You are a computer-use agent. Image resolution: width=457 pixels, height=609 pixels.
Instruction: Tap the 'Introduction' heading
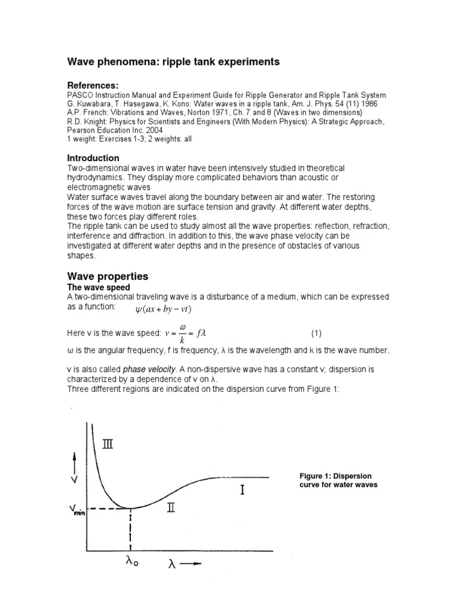click(93, 158)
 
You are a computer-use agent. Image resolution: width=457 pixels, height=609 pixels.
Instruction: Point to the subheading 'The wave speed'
click(98, 288)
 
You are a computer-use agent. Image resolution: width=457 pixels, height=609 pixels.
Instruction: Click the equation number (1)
click(317, 333)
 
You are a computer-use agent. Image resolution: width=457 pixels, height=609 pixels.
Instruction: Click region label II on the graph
click(171, 508)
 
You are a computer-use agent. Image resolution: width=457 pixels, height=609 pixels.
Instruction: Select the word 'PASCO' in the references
click(80, 96)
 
